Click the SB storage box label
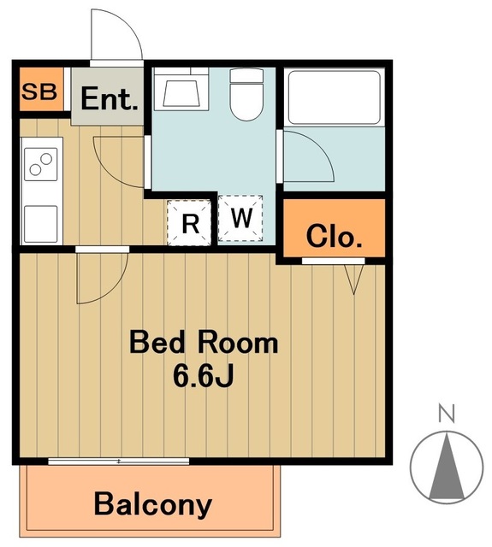[x=39, y=91]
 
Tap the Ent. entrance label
[x=110, y=99]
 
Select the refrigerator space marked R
[x=189, y=222]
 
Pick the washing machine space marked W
[x=240, y=218]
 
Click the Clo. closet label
[x=334, y=236]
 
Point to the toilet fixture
[x=246, y=94]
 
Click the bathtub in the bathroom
[x=335, y=97]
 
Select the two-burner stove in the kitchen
[x=41, y=164]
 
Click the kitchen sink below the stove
[x=41, y=224]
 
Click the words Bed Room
[x=204, y=344]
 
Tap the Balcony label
[x=153, y=504]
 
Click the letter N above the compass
[x=447, y=414]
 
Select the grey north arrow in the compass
[x=447, y=465]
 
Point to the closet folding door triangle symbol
[x=354, y=279]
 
